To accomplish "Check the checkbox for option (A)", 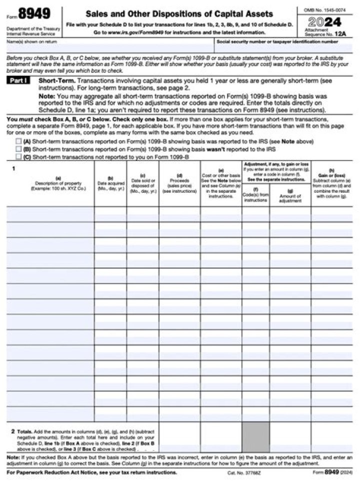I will [x=18, y=142].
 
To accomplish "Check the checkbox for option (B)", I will [x=18, y=149].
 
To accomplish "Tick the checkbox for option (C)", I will [x=18, y=156].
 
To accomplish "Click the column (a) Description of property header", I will [x=58, y=184].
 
